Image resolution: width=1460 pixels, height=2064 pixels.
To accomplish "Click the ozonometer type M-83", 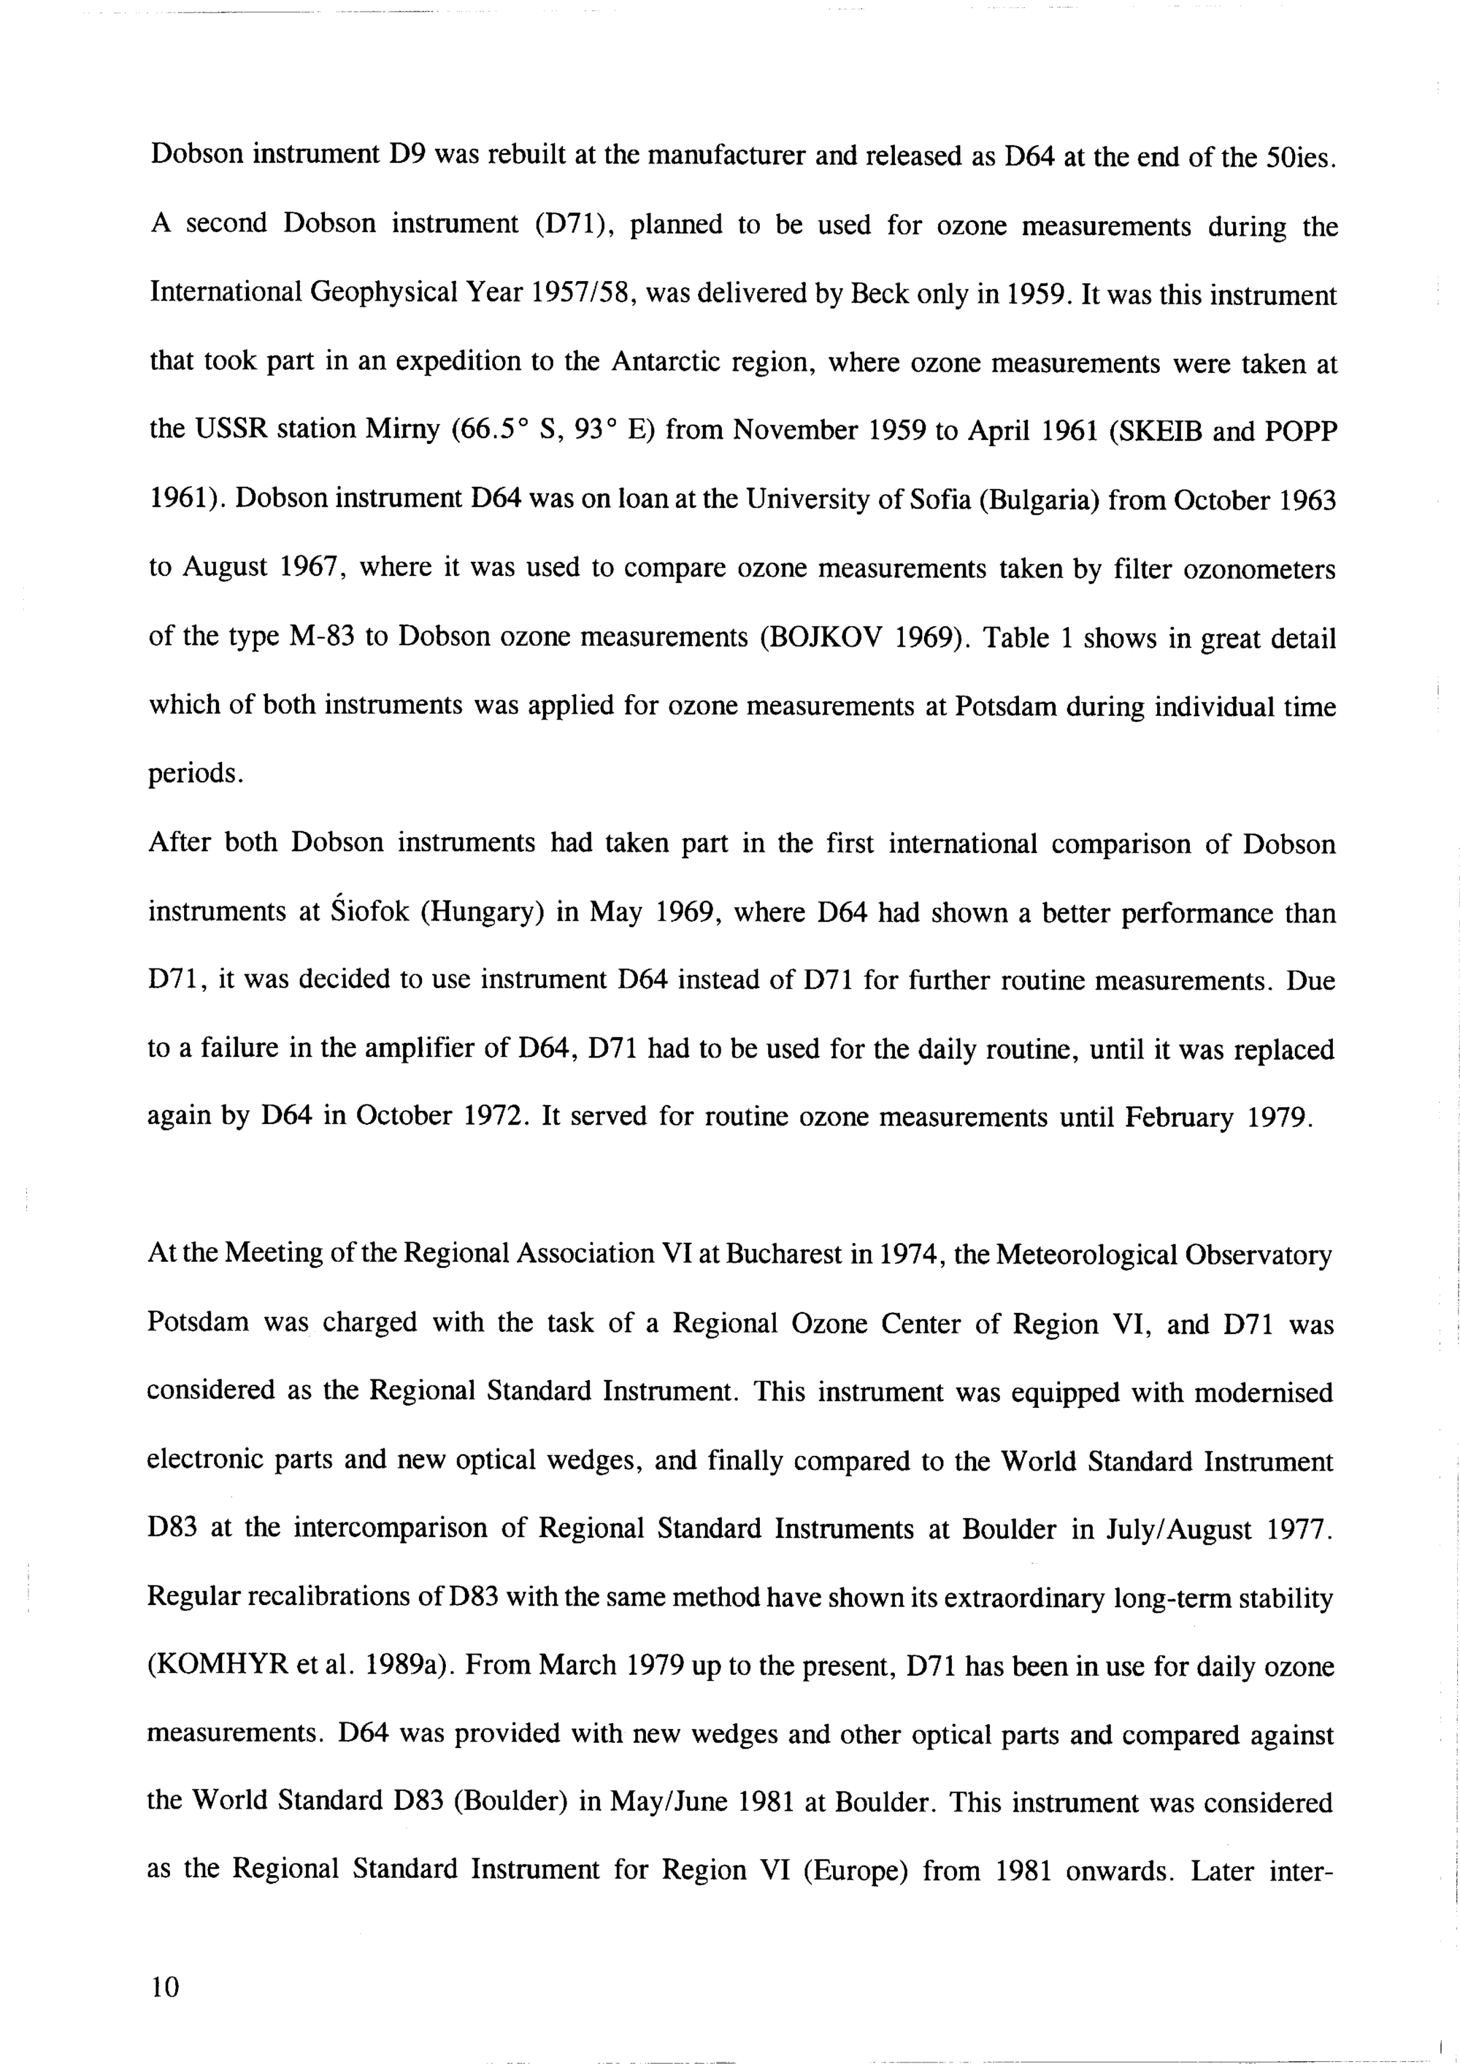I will (x=323, y=636).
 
